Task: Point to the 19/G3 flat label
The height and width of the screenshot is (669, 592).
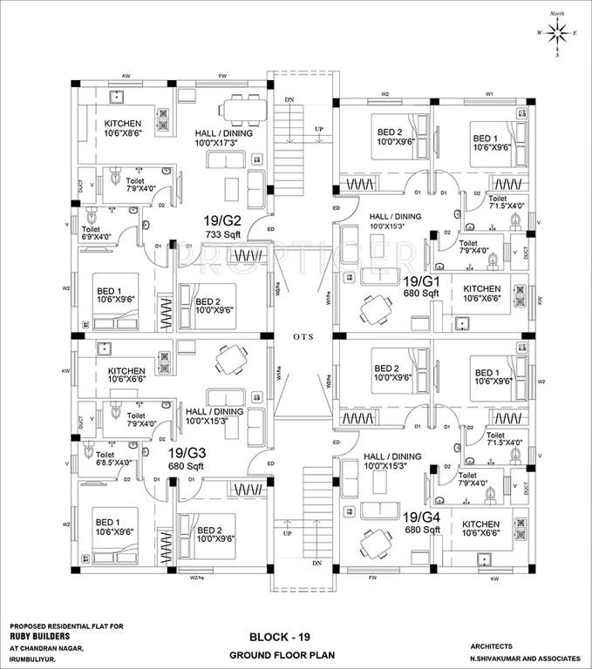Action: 187,453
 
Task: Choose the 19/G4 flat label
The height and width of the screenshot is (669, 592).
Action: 421,517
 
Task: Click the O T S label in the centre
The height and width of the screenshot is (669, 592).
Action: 303,336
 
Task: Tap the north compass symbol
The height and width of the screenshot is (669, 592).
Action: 556,32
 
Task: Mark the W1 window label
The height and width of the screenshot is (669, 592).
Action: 489,93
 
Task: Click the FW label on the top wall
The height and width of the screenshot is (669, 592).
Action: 222,77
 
